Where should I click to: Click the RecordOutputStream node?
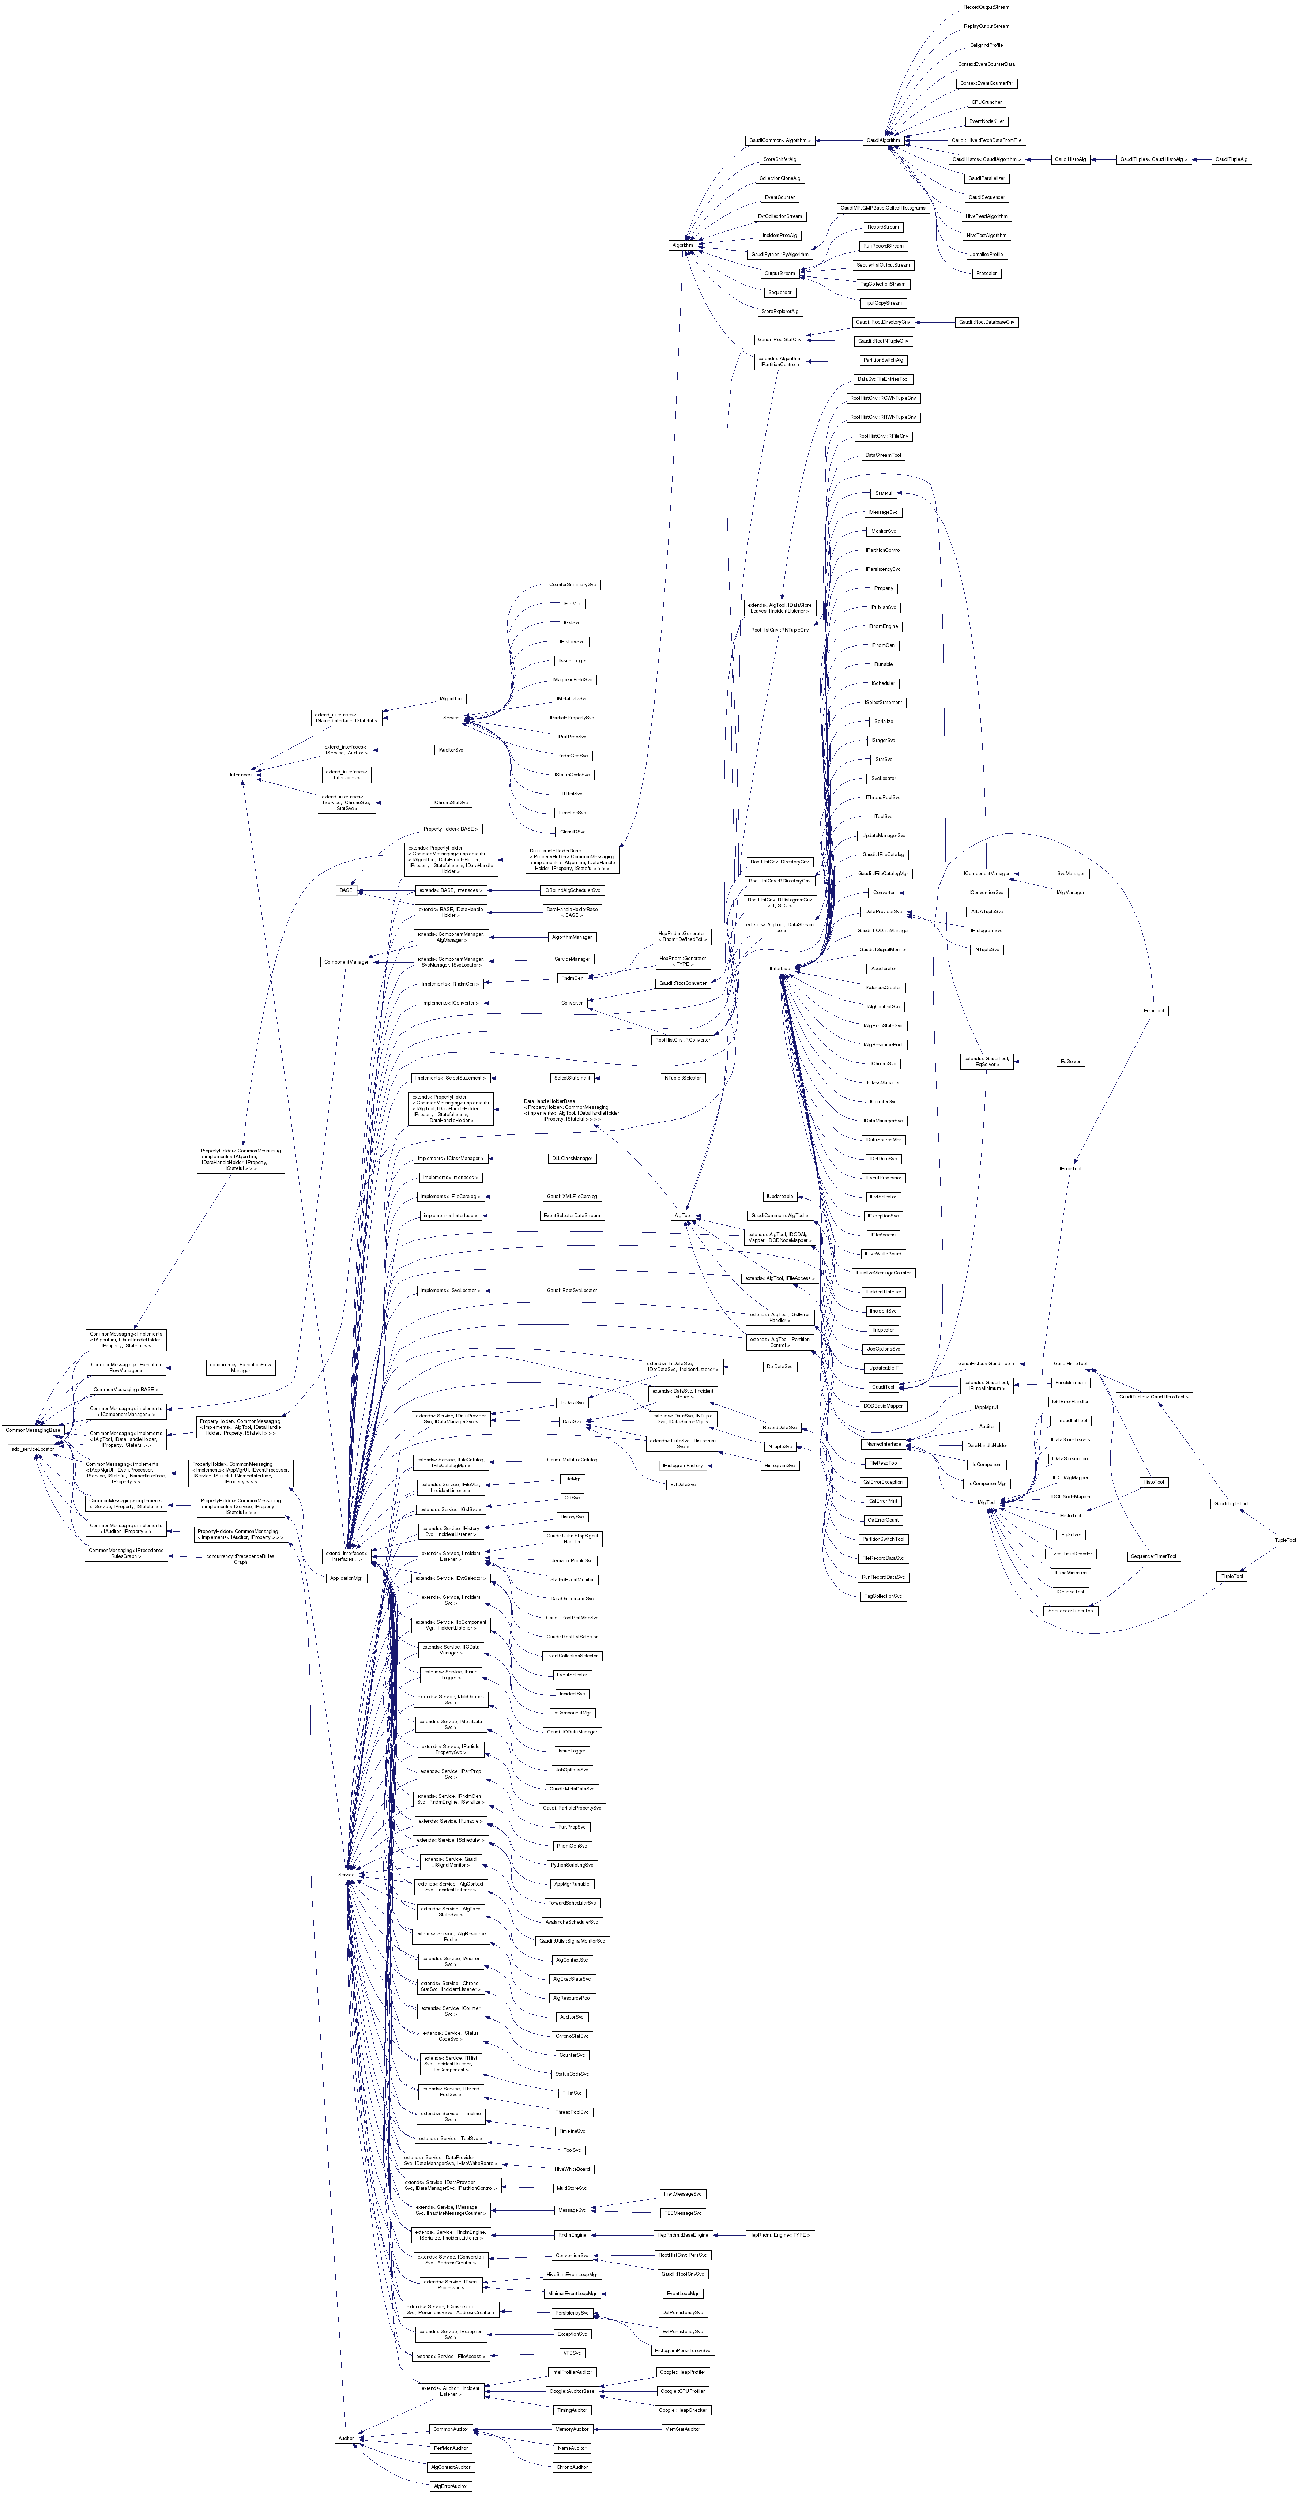point(986,7)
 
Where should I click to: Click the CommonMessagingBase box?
point(32,1430)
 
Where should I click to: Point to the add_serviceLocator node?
point(32,1449)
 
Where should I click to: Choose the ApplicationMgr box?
point(346,1578)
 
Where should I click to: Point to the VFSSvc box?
point(571,2353)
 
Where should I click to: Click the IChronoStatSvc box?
point(450,802)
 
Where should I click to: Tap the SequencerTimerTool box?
point(1153,1556)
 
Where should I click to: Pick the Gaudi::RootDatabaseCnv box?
point(986,321)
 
